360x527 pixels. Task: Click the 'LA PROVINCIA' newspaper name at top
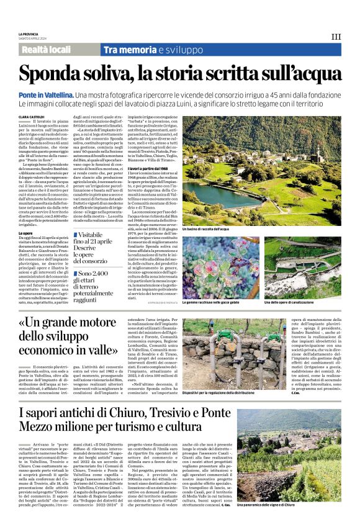pos(28,34)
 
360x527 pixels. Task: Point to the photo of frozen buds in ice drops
pos(220,267)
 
